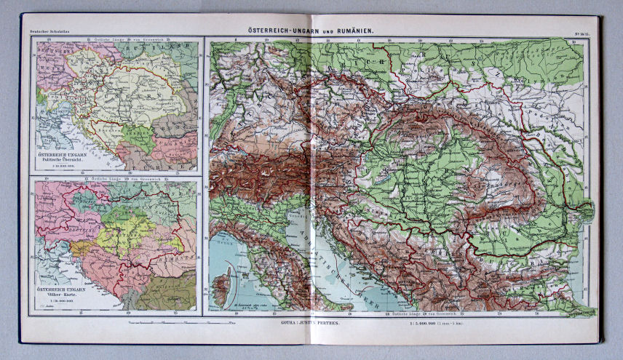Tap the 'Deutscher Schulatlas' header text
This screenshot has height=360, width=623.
click(45, 31)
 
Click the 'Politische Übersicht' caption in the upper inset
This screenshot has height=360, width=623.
click(61, 162)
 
